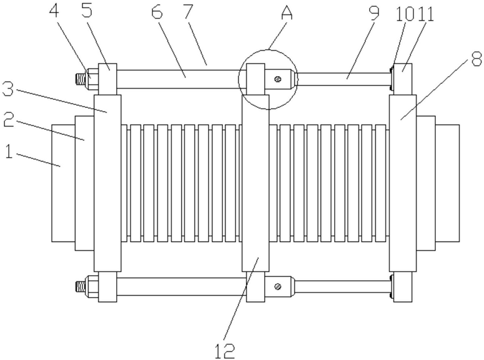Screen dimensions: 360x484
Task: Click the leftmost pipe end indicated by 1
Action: tap(62, 182)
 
